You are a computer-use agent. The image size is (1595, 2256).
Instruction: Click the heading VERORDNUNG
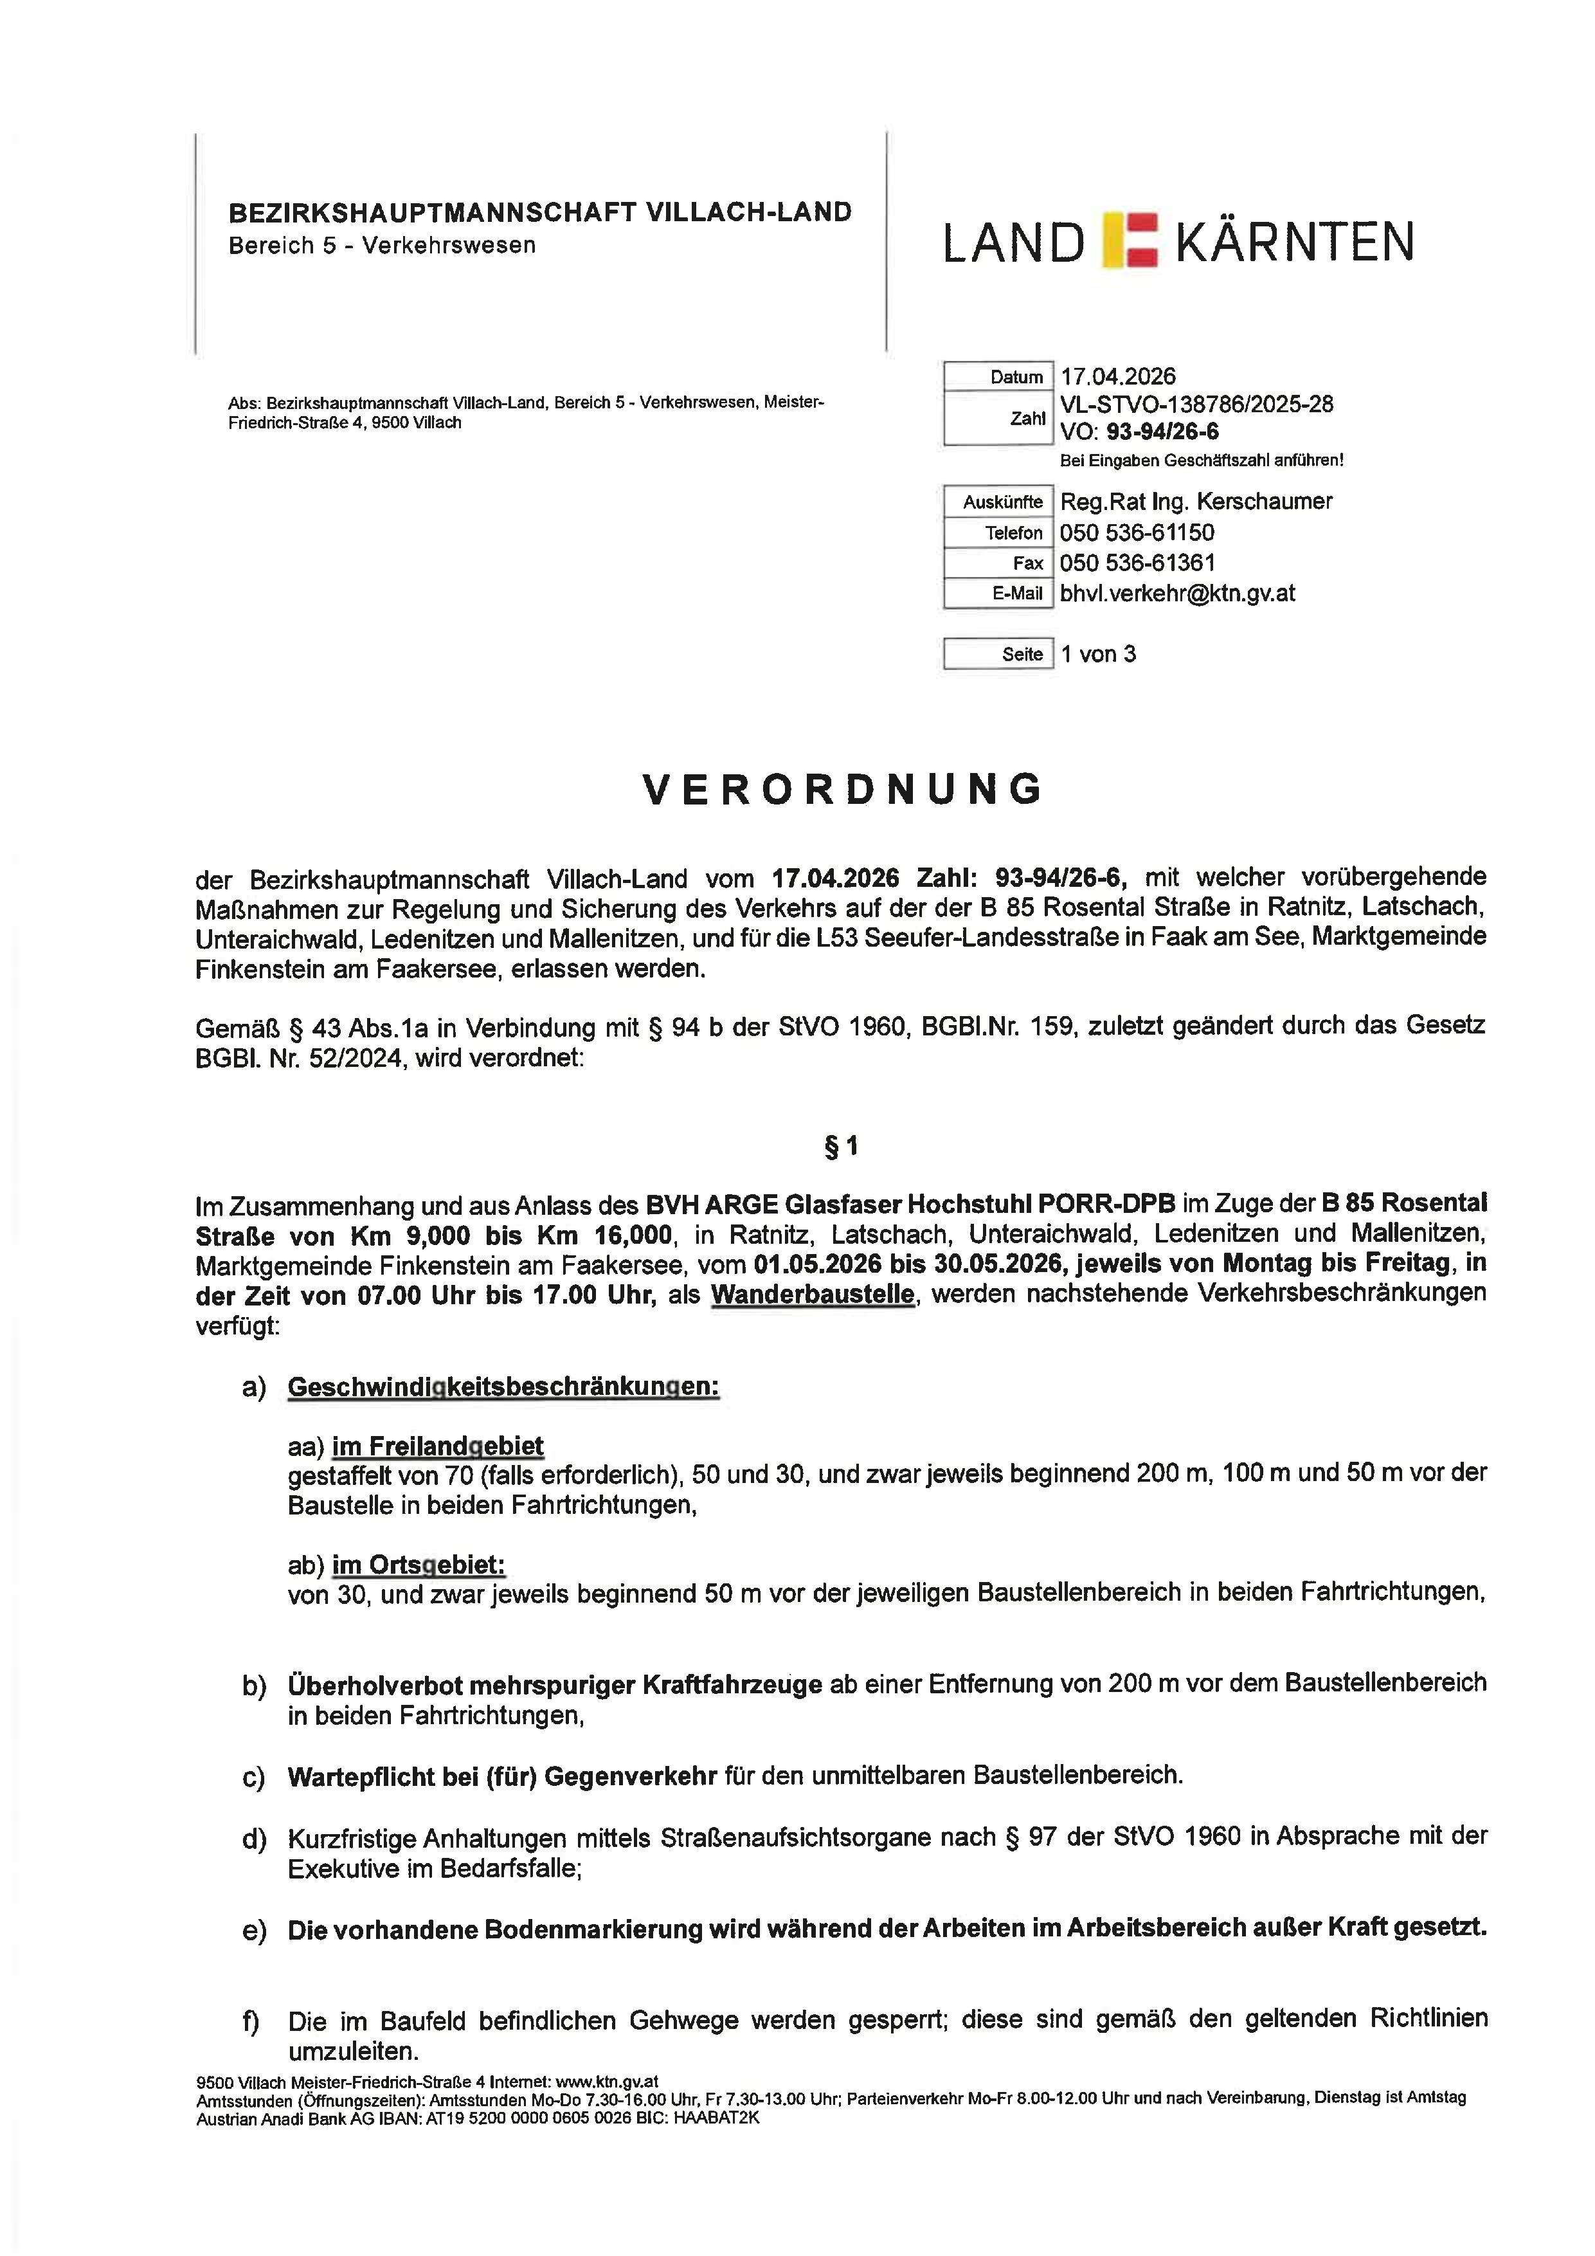pos(843,790)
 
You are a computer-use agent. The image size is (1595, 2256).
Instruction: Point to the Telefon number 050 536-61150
pos(1137,532)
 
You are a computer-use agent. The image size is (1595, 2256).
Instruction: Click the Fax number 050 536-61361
pos(1137,563)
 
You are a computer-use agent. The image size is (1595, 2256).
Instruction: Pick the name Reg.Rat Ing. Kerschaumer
pos(1195,501)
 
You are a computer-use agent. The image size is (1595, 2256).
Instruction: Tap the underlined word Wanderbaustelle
pos(812,1295)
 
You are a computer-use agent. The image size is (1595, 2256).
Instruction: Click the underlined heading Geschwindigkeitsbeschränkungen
pos(503,1387)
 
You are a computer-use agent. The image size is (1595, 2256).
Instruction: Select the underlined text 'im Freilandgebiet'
pos(437,1446)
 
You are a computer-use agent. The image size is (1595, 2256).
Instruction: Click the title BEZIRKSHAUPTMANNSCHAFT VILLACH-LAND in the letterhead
pos(539,212)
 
